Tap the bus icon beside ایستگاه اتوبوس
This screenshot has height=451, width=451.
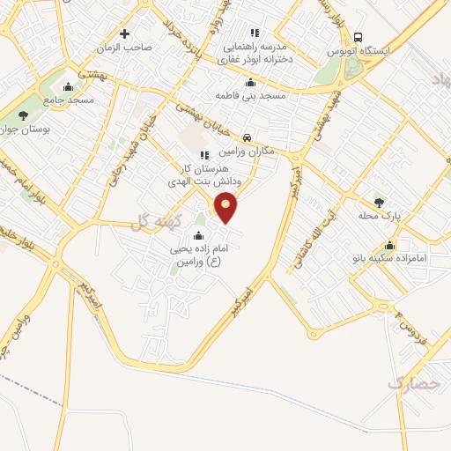pos(358,37)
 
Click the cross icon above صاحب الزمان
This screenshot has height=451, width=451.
pos(124,34)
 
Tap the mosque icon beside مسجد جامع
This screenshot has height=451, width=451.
pos(69,86)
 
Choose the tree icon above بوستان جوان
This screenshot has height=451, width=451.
pos(23,115)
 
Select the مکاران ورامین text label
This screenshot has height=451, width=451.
pos(250,151)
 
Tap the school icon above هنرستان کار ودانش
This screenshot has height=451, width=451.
pos(204,156)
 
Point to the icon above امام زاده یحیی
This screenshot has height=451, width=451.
pos(198,235)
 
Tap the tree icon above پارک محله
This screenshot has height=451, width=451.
pos(380,202)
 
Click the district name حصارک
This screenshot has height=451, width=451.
pos(411,384)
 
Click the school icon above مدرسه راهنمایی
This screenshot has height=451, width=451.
pos(255,33)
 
